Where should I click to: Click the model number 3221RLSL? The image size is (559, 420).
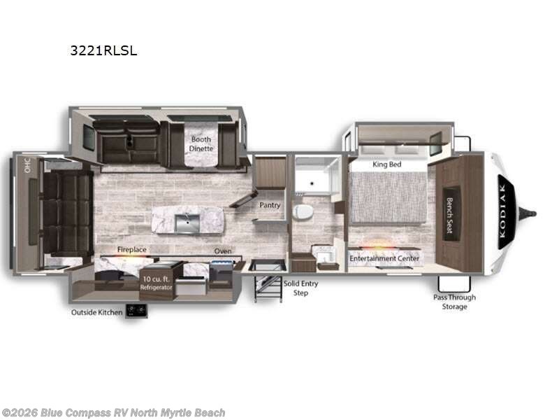(102, 50)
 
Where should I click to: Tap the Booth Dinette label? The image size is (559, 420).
(201, 143)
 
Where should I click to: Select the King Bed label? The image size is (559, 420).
(386, 164)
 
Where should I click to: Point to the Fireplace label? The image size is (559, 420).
(131, 249)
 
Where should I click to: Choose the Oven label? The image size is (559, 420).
(223, 250)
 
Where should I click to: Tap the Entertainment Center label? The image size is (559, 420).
(385, 258)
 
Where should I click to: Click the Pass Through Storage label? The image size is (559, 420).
(454, 302)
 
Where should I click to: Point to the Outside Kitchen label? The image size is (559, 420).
(96, 312)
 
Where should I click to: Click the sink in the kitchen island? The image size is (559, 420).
(187, 223)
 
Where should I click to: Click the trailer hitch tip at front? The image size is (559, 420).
(534, 213)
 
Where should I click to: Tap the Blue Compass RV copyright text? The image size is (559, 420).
(113, 413)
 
